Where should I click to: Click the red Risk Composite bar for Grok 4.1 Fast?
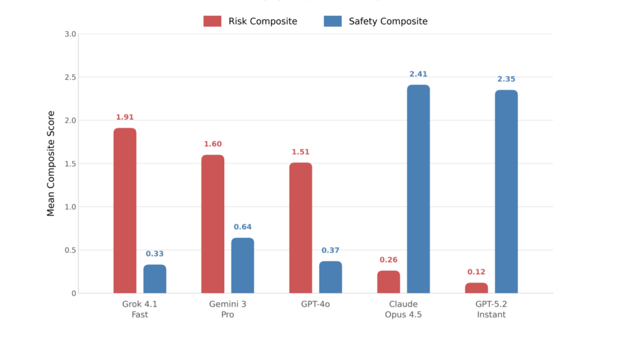pyautogui.click(x=125, y=210)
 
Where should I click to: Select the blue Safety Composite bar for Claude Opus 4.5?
pyautogui.click(x=418, y=189)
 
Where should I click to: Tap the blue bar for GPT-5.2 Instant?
pyautogui.click(x=506, y=191)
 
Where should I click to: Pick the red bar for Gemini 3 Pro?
pyautogui.click(x=213, y=224)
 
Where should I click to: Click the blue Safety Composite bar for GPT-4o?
pyautogui.click(x=330, y=277)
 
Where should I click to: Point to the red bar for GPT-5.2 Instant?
pyautogui.click(x=477, y=288)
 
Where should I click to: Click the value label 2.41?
pyautogui.click(x=418, y=74)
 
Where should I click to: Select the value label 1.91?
pyautogui.click(x=125, y=117)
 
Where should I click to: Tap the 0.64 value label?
pyautogui.click(x=243, y=227)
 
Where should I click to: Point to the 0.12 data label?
pyautogui.click(x=477, y=272)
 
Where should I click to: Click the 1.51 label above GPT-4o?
pyautogui.click(x=300, y=152)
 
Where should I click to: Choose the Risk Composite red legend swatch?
pyautogui.click(x=213, y=22)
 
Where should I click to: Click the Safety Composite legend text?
pyautogui.click(x=388, y=22)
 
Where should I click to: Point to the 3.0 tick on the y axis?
pyautogui.click(x=70, y=34)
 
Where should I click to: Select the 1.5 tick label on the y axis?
pyautogui.click(x=70, y=164)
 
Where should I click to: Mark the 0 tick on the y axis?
pyautogui.click(x=73, y=294)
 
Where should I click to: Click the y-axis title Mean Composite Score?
pyautogui.click(x=52, y=163)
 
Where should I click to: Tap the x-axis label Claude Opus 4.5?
pyautogui.click(x=403, y=310)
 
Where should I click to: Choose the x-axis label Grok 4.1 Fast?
pyautogui.click(x=139, y=310)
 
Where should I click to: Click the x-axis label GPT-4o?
pyautogui.click(x=315, y=305)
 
